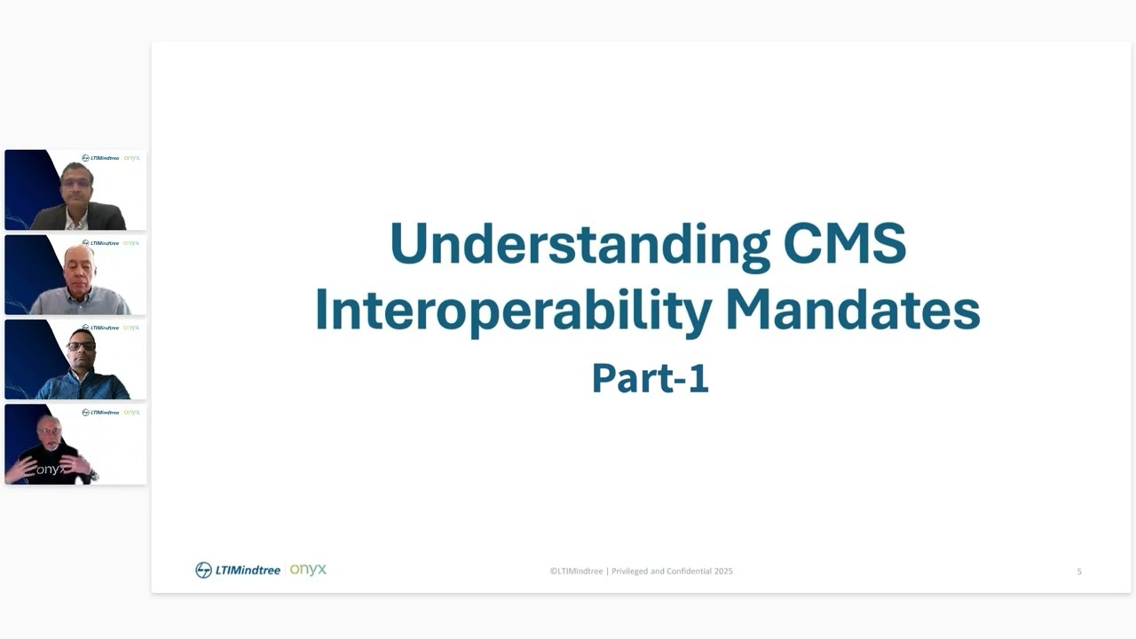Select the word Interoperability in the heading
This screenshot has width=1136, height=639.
[513, 312]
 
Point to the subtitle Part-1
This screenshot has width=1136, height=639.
[650, 378]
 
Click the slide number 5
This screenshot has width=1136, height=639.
[1079, 572]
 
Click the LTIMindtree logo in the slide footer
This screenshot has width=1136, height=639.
[238, 570]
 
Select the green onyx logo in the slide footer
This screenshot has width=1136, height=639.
[308, 569]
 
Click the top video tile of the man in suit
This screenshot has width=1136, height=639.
[75, 190]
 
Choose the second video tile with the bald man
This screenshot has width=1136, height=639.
[75, 274]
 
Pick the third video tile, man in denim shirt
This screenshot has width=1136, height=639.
[75, 359]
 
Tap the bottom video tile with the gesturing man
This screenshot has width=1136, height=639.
[75, 444]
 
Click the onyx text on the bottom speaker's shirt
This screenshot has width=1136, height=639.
[50, 469]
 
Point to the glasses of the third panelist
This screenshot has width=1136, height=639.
[81, 345]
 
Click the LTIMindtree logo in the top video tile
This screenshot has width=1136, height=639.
[100, 158]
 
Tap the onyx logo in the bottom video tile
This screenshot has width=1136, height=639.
[131, 412]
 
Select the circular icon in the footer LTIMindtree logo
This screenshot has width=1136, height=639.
[203, 570]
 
